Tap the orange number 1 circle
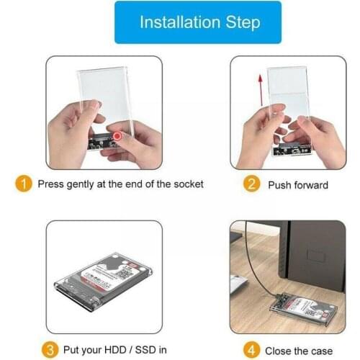[x=24, y=184]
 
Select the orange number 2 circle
[x=251, y=184]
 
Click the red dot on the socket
[x=116, y=136]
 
